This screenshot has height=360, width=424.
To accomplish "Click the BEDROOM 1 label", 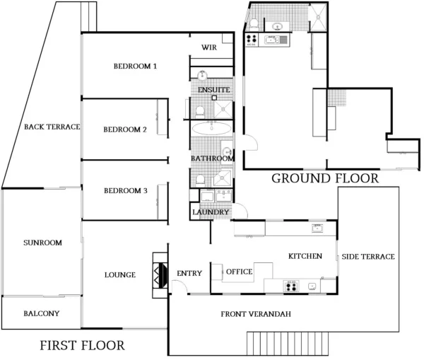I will click(135, 66).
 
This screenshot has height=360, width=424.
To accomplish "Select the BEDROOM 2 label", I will click(124, 129).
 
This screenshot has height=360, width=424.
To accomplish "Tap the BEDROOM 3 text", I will click(124, 191).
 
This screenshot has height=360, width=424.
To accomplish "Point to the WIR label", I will click(208, 47).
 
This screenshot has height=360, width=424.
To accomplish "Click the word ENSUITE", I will click(213, 91).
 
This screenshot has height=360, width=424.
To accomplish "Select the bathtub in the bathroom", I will click(211, 129).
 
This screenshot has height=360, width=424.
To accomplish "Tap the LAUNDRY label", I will click(211, 212).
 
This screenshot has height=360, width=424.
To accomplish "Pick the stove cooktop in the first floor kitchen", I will click(290, 286).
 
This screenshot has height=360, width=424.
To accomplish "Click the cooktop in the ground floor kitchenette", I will click(251, 40).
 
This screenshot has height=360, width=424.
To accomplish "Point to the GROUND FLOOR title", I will click(325, 178).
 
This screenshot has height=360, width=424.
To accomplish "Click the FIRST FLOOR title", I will click(82, 346).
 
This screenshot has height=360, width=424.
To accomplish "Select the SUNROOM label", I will click(42, 243).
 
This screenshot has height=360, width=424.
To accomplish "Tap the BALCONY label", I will click(41, 313).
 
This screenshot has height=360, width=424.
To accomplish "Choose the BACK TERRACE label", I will click(52, 127).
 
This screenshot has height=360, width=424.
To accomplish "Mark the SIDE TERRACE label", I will click(368, 257).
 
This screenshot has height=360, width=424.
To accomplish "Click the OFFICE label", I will click(239, 272).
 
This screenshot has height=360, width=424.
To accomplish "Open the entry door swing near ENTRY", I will click(179, 286).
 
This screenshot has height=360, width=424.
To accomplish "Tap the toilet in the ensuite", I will click(201, 110).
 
